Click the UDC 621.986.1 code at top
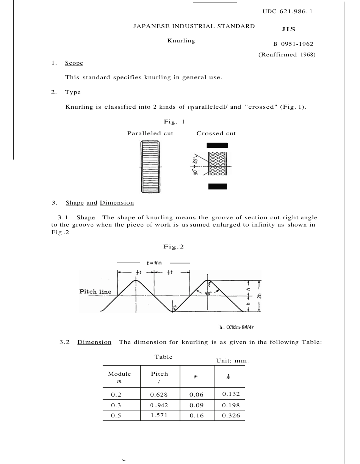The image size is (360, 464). click(x=287, y=11)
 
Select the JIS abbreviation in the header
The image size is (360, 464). click(x=288, y=29)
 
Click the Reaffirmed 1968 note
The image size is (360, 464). click(x=287, y=55)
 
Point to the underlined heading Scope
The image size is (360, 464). click(x=74, y=63)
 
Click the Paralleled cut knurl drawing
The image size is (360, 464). click(x=150, y=167)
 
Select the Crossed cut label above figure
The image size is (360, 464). click(x=216, y=133)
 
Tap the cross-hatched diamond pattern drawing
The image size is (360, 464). click(x=218, y=164)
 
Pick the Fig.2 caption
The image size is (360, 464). click(x=174, y=247)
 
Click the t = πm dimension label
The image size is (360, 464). click(x=154, y=262)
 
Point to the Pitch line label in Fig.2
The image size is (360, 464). click(x=95, y=292)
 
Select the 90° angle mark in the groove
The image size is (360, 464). click(x=208, y=294)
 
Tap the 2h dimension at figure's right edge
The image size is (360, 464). click(x=260, y=296)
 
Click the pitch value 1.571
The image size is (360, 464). click(x=159, y=415)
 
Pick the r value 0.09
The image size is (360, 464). click(x=196, y=405)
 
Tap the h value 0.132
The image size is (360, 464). click(x=231, y=394)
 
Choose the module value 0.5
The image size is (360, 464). click(x=116, y=416)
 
